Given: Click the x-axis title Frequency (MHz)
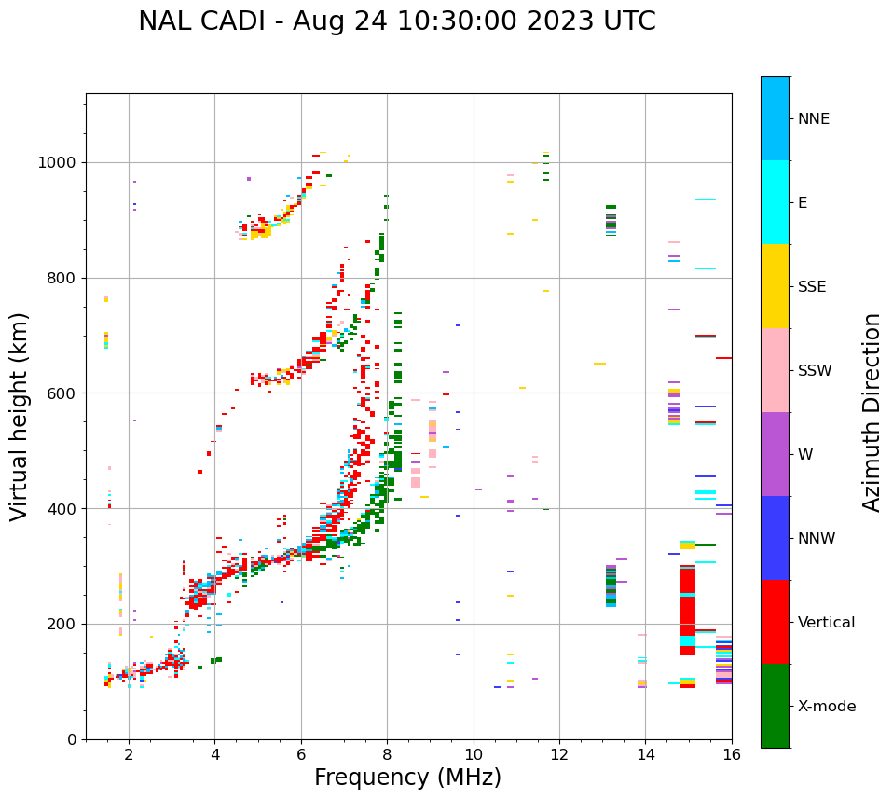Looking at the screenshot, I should point(407,778).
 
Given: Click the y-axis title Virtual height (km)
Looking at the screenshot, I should point(20,416).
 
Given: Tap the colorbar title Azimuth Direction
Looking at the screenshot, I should point(872,412).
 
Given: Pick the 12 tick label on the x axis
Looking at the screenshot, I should point(559,754).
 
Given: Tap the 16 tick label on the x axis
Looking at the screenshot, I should point(732,754).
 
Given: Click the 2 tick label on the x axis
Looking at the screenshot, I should point(129,754).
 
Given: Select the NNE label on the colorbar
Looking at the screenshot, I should point(813,119).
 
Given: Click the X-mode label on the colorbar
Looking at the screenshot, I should point(826,707).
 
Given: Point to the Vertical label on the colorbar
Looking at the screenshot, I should point(826,623).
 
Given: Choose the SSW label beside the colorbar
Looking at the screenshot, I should point(815,371).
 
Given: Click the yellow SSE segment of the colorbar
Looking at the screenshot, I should point(775,286).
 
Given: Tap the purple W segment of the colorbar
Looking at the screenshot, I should point(775,454).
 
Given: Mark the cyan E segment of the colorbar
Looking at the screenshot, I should point(775,202).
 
